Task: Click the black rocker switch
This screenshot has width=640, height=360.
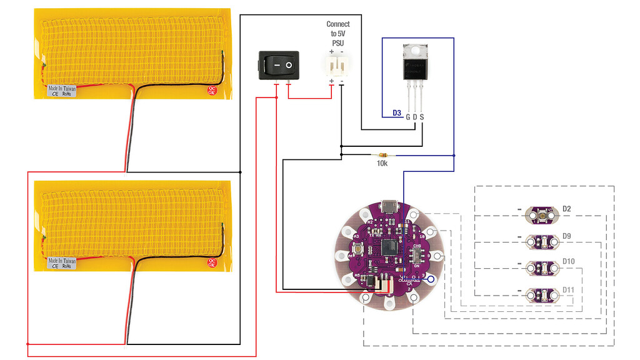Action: click(x=278, y=65)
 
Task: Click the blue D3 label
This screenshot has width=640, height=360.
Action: click(x=396, y=113)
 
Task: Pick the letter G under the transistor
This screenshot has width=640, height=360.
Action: click(x=407, y=117)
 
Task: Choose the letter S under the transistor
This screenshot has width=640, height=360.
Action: click(x=422, y=117)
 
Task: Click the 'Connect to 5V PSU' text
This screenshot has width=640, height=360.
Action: click(x=337, y=33)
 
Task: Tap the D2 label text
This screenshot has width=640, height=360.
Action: click(x=567, y=208)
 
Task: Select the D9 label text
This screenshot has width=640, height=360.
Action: click(x=567, y=236)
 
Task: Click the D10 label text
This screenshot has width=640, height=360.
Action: click(x=568, y=261)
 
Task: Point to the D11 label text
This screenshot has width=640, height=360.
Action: click(x=568, y=289)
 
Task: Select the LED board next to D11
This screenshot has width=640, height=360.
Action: click(x=542, y=293)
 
